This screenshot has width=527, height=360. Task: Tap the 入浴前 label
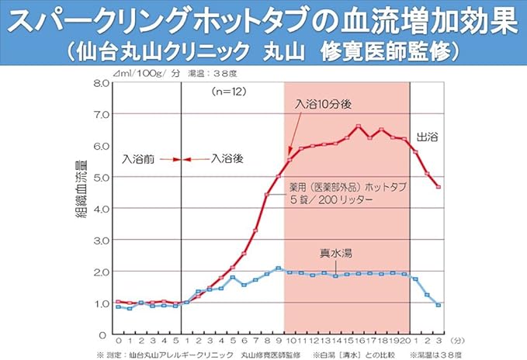pos(139,158)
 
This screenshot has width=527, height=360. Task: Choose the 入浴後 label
pos(227,158)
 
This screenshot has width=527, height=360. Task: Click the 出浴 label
pos(427,137)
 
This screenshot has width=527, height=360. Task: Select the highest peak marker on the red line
pos(359,126)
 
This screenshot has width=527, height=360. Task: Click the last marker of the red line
pos(439,187)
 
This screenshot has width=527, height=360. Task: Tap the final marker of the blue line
pos(439,305)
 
